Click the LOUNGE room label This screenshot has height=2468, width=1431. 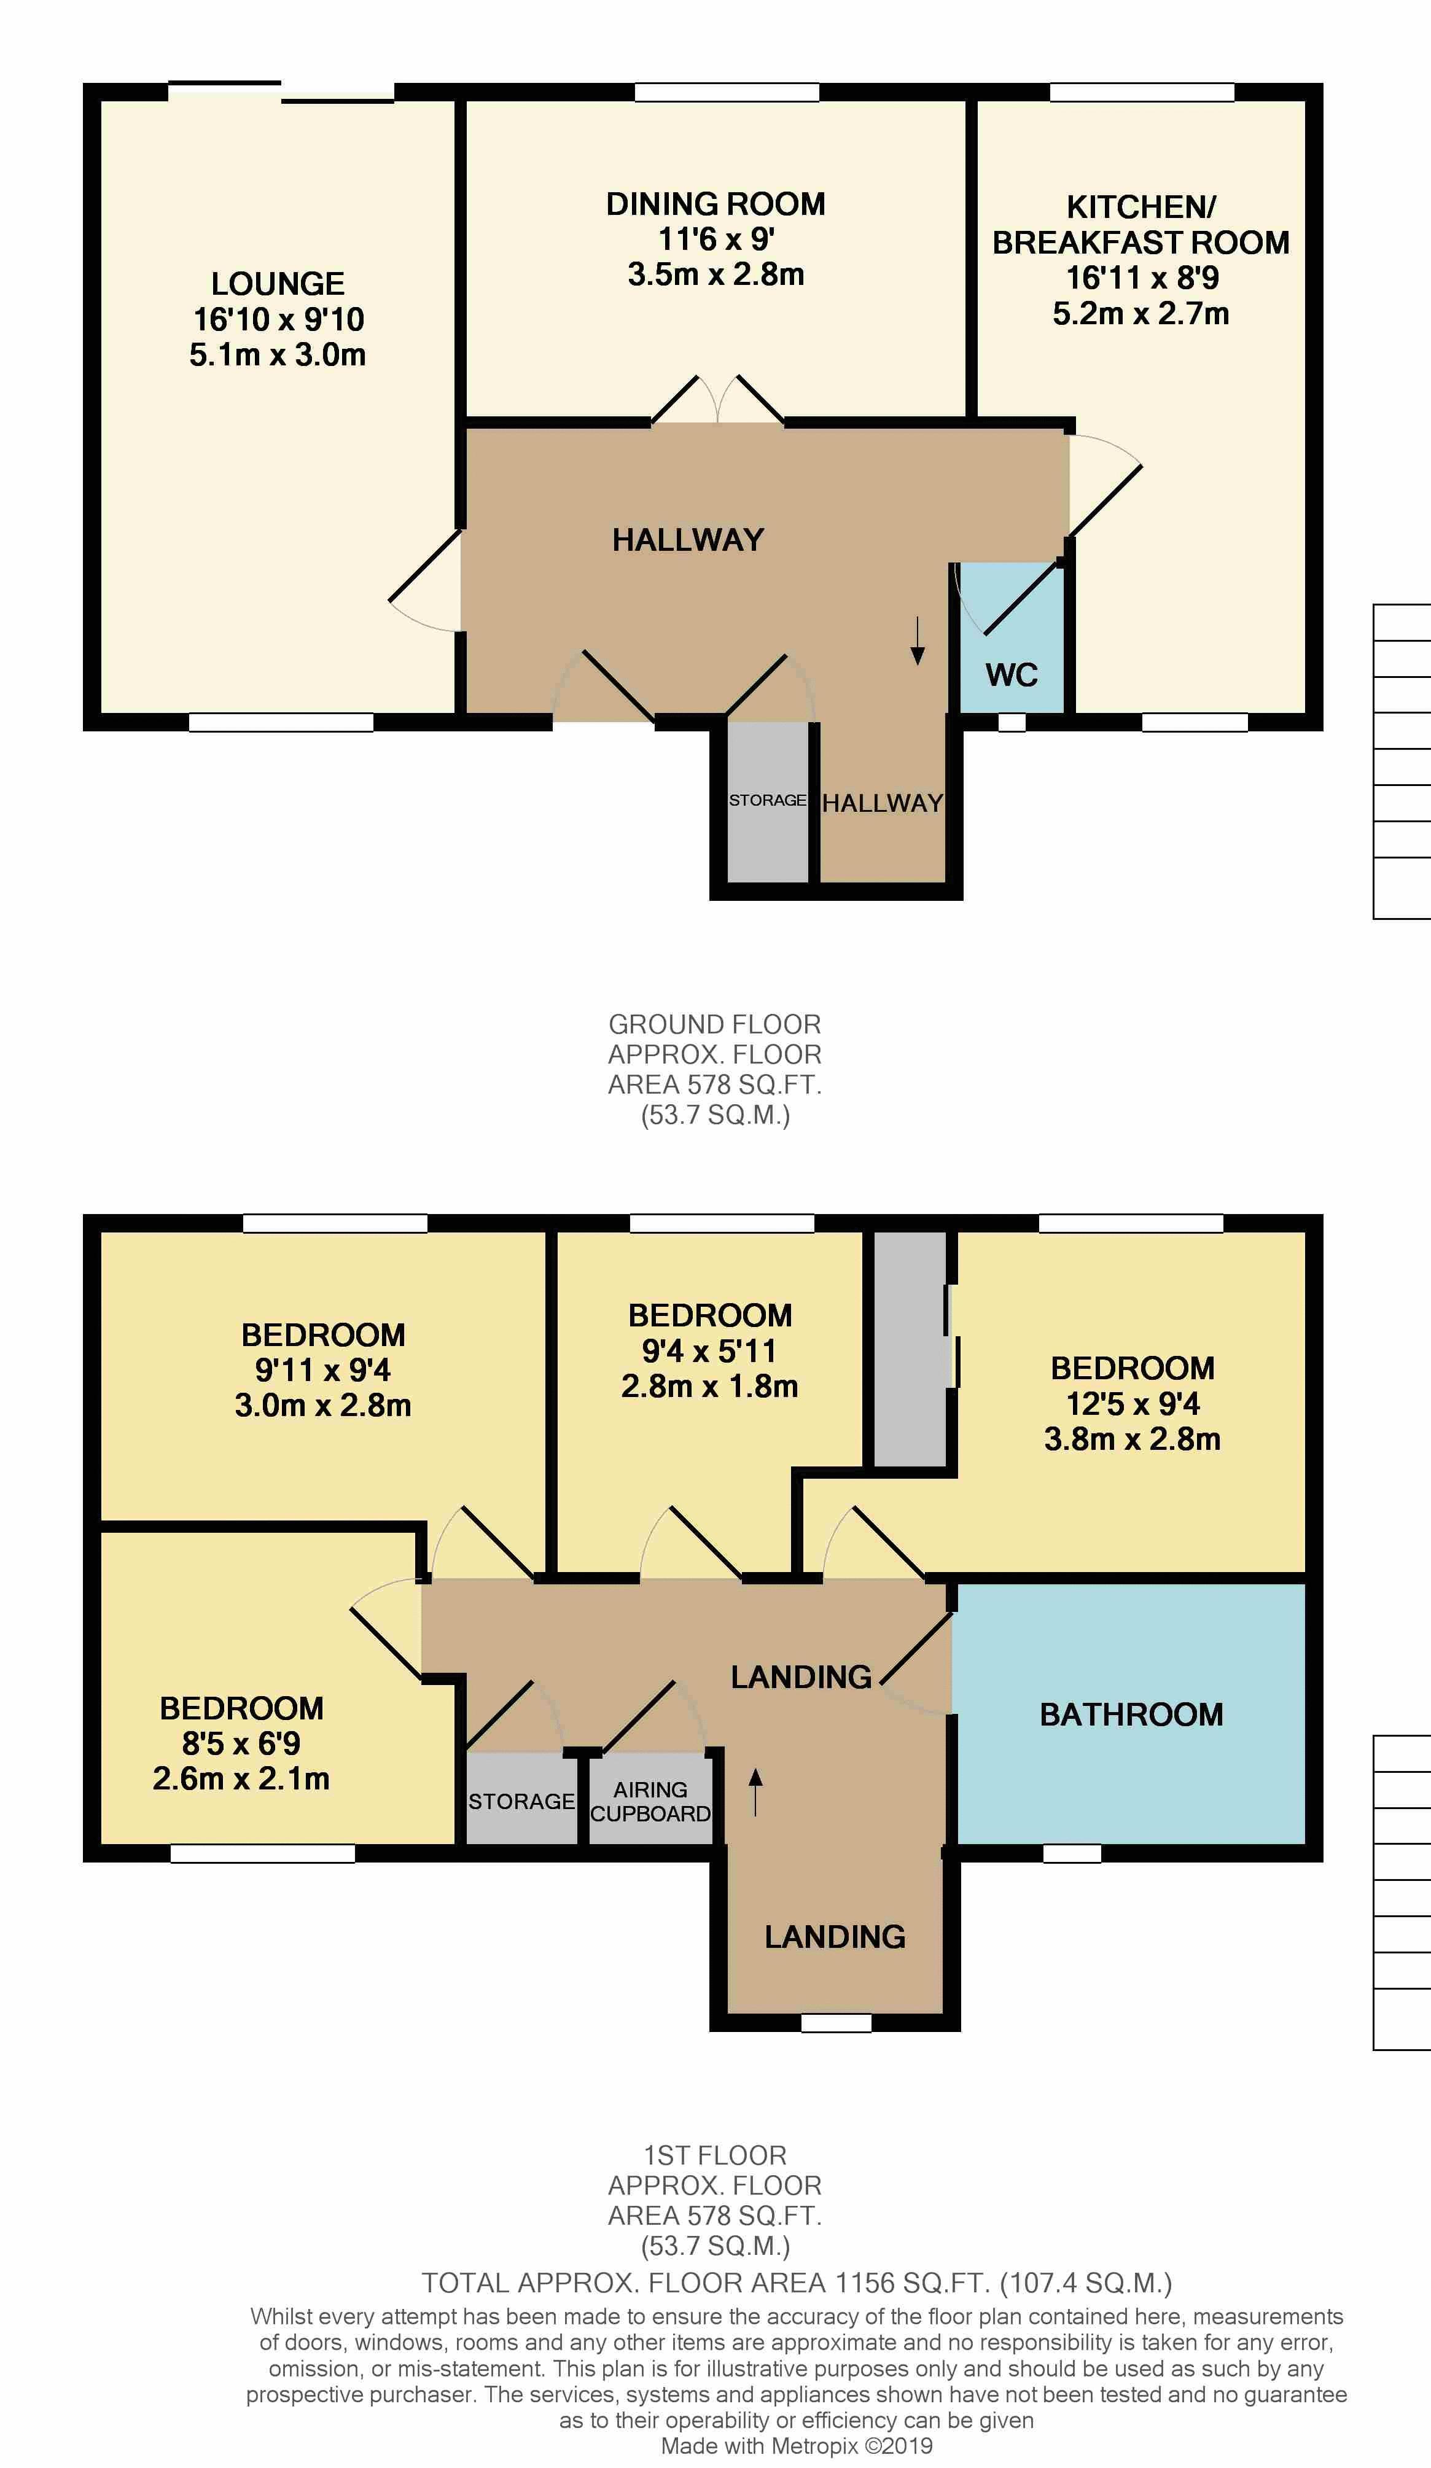[278, 284]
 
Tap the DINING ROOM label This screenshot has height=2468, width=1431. [716, 204]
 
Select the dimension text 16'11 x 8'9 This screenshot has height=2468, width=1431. [1142, 278]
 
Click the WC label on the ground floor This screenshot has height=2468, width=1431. [1012, 675]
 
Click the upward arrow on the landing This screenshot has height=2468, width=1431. [755, 1793]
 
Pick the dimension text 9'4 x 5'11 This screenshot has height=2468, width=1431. [710, 1352]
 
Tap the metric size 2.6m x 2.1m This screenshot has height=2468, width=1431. [241, 1778]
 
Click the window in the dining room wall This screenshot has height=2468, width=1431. [727, 92]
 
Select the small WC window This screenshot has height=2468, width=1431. [1012, 723]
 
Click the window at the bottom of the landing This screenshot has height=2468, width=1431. [836, 2022]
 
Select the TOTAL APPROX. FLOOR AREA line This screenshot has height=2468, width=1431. [797, 2284]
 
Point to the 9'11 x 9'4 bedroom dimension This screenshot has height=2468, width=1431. [323, 1370]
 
